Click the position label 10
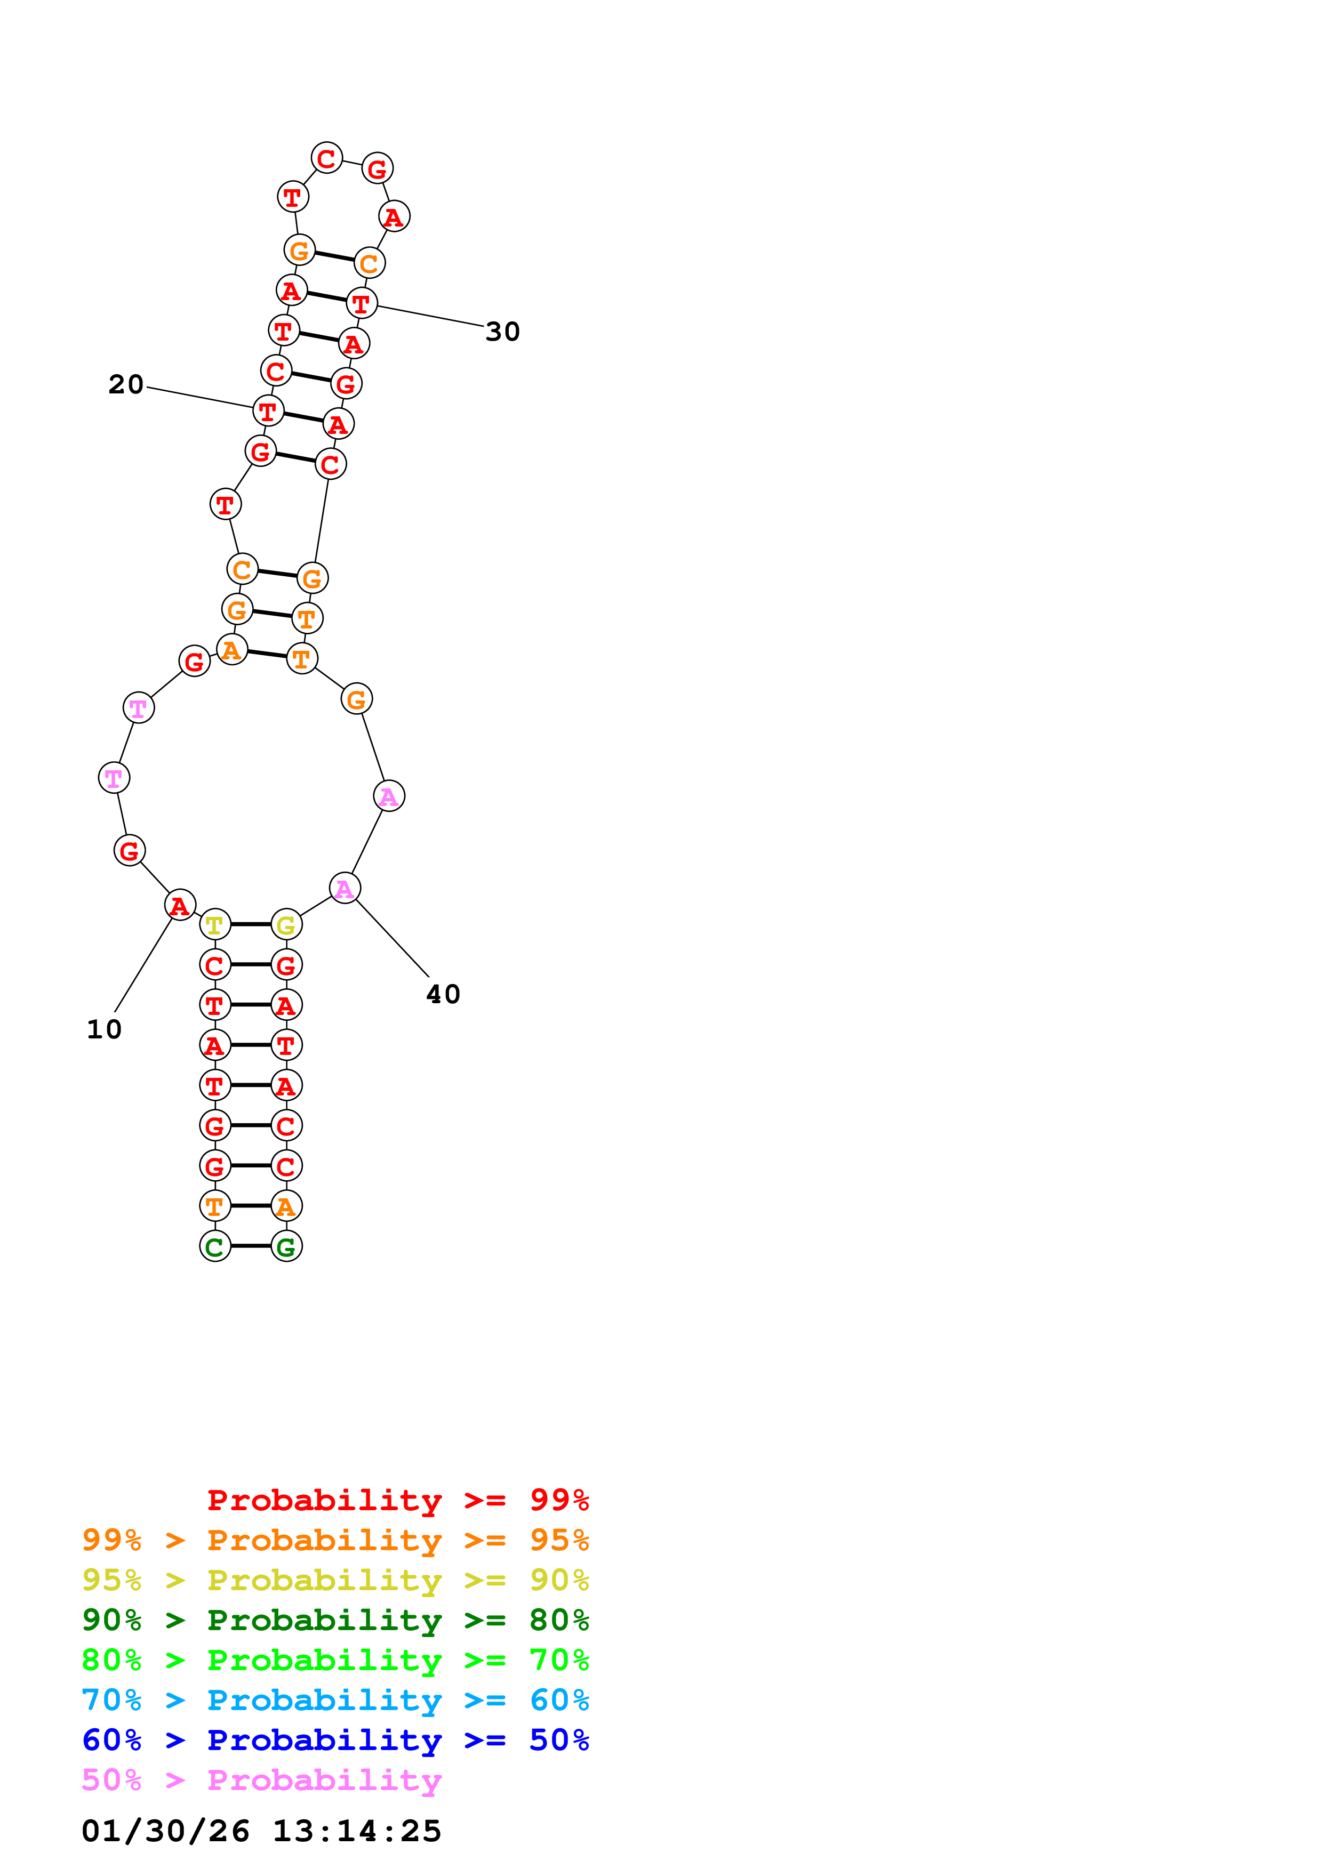point(105,1029)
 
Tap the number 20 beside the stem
point(126,384)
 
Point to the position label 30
point(502,332)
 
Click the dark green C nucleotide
point(215,1246)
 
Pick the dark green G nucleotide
point(286,1246)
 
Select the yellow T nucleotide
point(215,924)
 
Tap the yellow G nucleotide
point(286,924)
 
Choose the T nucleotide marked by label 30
point(362,303)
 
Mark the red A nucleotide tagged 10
point(180,905)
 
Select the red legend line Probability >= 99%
point(397,1500)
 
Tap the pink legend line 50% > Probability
point(261,1780)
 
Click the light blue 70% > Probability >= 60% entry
point(335,1700)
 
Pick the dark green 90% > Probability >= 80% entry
point(335,1620)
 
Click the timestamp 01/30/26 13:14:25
point(261,1831)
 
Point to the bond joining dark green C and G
point(251,1246)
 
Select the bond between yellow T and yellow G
point(251,924)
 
